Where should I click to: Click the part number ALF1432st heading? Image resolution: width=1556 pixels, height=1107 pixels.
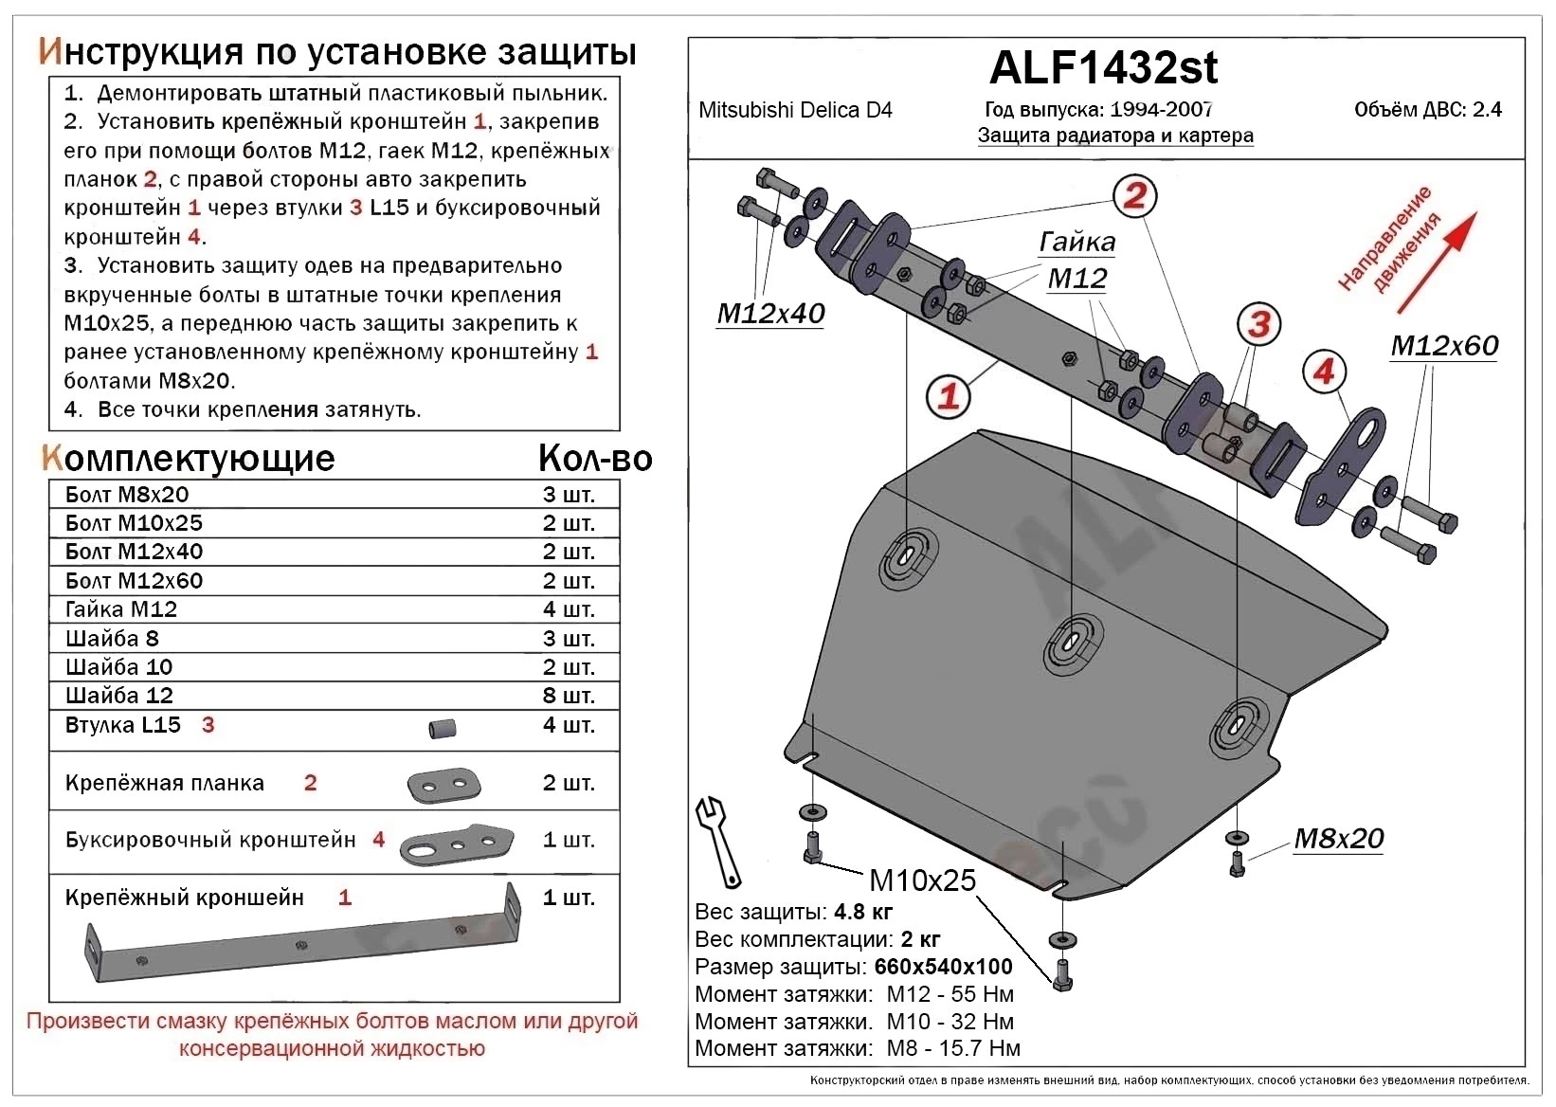(x=1103, y=67)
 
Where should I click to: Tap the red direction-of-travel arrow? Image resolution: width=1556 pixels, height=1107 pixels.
(x=1437, y=262)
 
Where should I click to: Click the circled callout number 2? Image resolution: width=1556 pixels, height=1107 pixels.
(x=1134, y=196)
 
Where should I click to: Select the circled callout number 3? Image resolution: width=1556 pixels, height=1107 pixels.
(x=1258, y=325)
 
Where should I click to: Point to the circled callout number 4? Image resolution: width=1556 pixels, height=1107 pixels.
(x=1324, y=372)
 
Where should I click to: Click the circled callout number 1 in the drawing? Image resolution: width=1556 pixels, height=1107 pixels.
(x=948, y=396)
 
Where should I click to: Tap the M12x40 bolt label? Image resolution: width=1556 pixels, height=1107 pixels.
(x=770, y=314)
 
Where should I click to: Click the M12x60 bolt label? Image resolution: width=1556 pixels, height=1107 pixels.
(x=1444, y=346)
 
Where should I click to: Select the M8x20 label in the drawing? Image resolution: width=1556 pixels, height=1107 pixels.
(x=1338, y=839)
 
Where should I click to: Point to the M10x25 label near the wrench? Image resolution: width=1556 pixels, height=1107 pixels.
(x=922, y=880)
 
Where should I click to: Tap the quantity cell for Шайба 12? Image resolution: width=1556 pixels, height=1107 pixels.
(x=569, y=696)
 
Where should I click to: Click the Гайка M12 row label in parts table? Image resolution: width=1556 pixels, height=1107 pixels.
(x=121, y=609)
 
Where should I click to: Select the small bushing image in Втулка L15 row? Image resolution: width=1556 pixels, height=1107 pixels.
(x=443, y=728)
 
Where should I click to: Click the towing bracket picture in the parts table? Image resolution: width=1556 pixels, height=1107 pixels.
(x=456, y=843)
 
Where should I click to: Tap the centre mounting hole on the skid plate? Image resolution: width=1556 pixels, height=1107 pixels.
(x=1074, y=645)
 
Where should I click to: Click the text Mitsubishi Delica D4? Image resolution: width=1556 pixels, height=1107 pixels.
(x=795, y=110)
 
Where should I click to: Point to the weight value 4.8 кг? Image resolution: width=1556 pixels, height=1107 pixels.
(x=863, y=913)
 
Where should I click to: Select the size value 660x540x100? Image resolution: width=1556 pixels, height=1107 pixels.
(x=943, y=967)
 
